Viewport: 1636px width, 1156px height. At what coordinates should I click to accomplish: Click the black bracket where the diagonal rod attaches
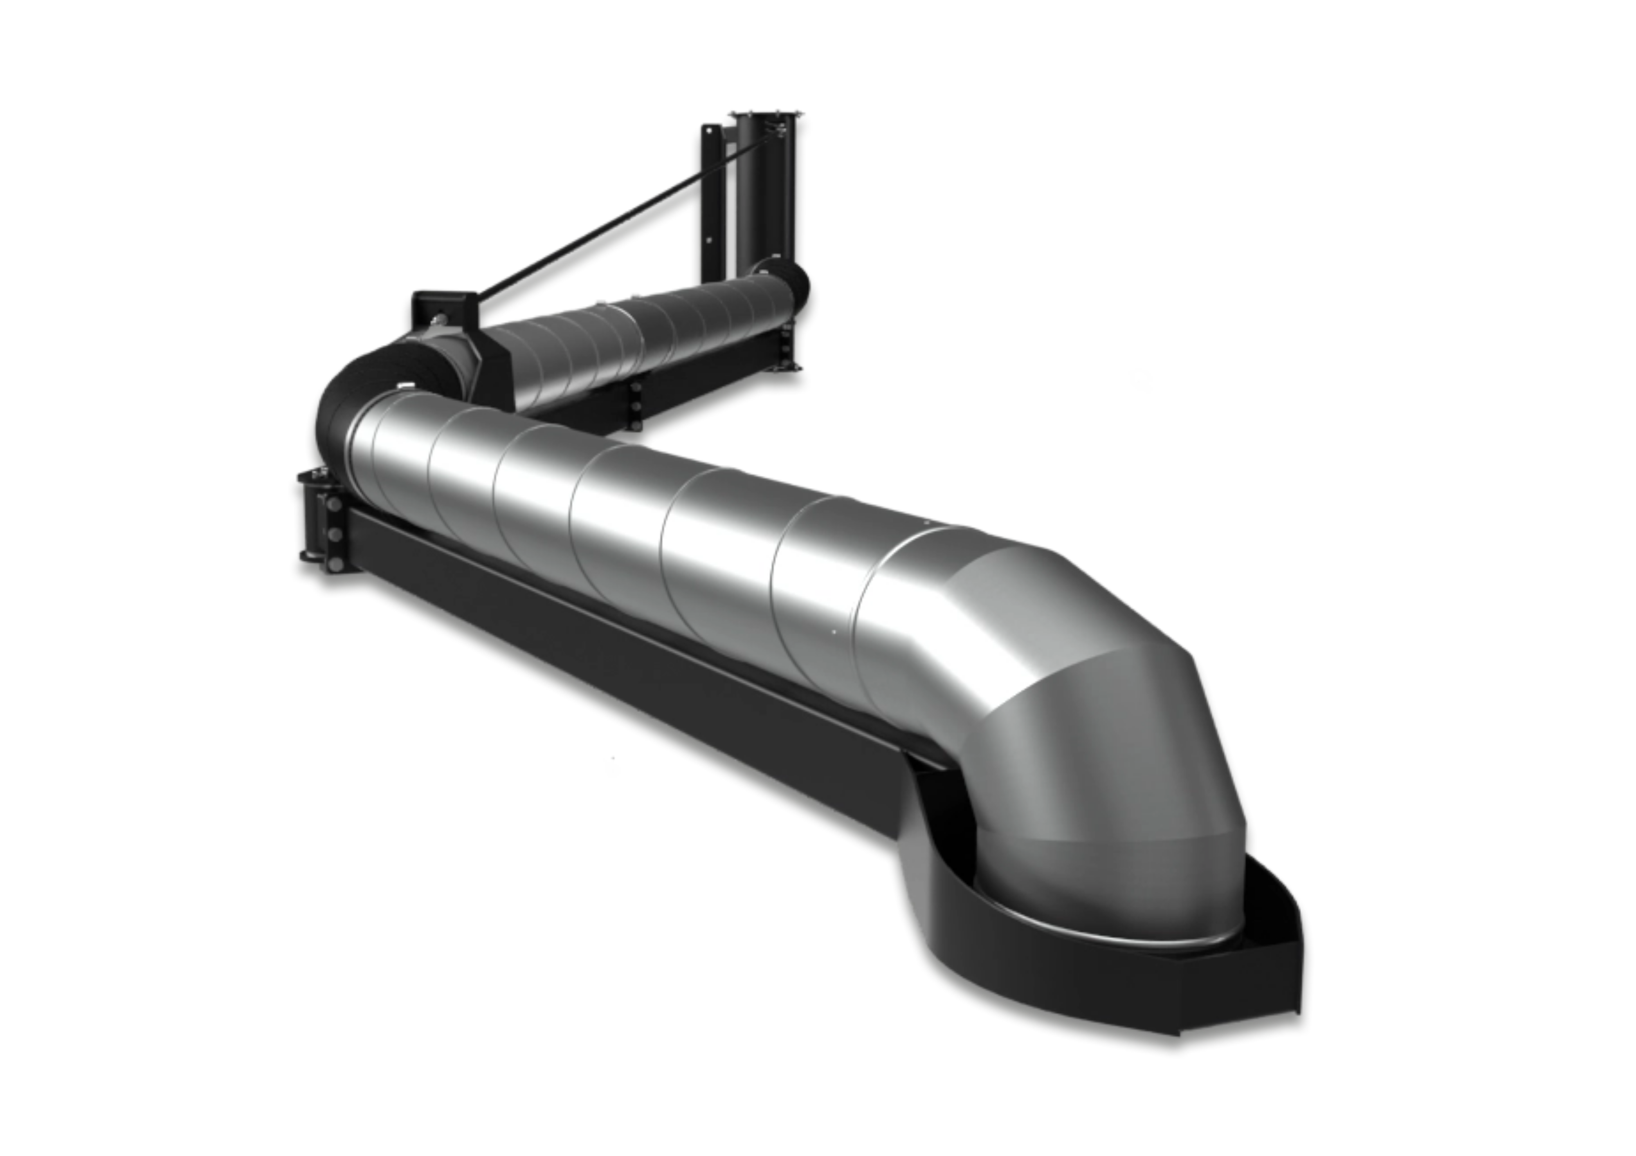[442, 306]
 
